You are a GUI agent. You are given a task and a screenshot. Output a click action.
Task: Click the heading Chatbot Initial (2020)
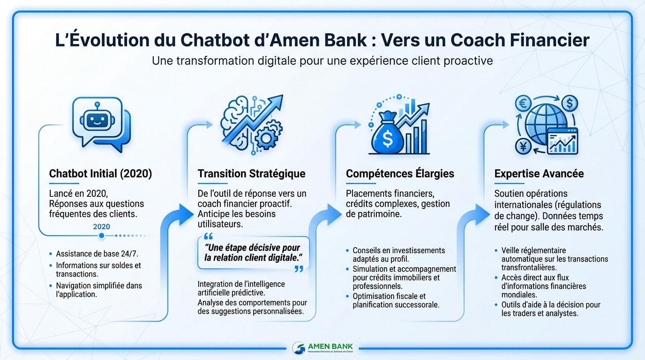point(100,173)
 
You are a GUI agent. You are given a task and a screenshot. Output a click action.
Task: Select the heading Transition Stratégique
point(251,173)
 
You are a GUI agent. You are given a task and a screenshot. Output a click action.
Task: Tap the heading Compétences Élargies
point(400,173)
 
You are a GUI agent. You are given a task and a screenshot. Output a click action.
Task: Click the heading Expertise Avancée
point(539,173)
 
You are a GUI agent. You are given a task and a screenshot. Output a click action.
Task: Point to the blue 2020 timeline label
point(102,226)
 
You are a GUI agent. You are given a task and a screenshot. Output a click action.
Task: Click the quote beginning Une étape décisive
point(253,253)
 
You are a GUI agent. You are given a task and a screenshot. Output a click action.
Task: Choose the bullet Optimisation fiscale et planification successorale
point(396,300)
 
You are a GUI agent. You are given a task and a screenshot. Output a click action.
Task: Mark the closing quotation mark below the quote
point(298,269)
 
